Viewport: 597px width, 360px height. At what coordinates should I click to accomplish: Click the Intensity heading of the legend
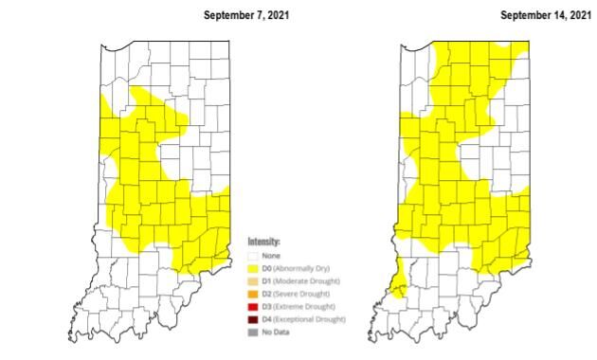click(264, 243)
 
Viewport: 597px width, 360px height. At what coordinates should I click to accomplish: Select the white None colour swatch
click(253, 254)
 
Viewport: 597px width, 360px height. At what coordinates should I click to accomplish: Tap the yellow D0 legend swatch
click(253, 268)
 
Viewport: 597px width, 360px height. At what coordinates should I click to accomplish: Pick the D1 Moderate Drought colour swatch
click(253, 281)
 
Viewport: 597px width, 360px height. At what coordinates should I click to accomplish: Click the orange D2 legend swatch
click(253, 295)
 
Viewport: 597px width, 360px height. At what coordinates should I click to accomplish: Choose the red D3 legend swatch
click(253, 308)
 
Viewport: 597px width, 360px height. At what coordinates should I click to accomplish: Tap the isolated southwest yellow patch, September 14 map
click(399, 283)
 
